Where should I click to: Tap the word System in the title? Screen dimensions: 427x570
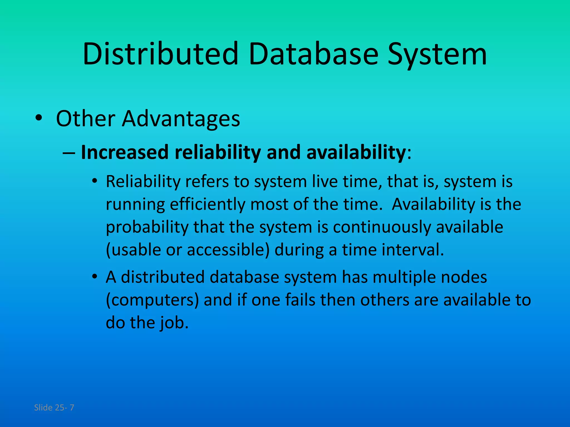pos(437,54)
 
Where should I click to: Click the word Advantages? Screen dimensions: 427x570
pos(181,119)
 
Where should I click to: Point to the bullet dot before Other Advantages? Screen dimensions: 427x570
pos(39,118)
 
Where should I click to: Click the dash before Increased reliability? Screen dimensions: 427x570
pos(69,153)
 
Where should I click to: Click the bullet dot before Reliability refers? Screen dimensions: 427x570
pos(95,181)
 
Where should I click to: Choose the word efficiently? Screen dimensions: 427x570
pos(207,205)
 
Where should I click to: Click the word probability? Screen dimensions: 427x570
pos(147,227)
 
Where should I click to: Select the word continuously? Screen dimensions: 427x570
pos(382,227)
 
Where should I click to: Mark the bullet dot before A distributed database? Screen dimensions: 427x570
pos(95,277)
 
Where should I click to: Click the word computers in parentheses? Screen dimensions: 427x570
pos(153,300)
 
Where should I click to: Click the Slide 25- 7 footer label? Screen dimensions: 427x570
pos(54,408)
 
